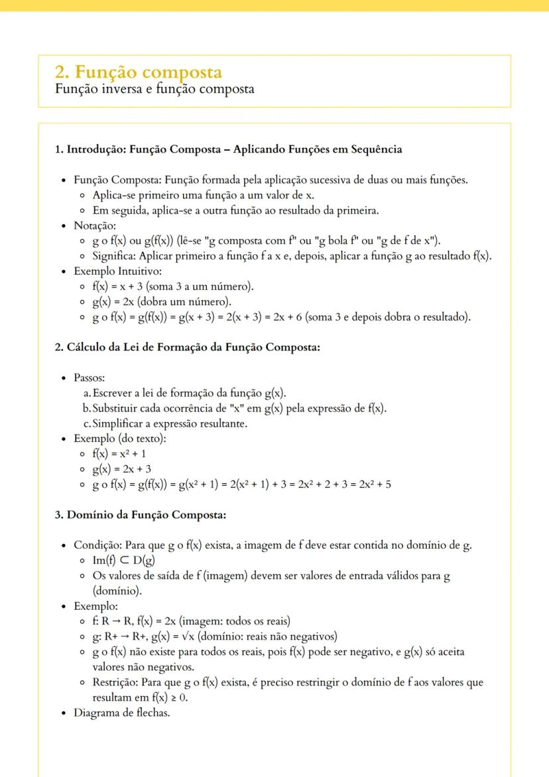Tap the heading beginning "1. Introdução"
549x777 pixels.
[228, 149]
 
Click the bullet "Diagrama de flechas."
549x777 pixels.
[122, 713]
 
